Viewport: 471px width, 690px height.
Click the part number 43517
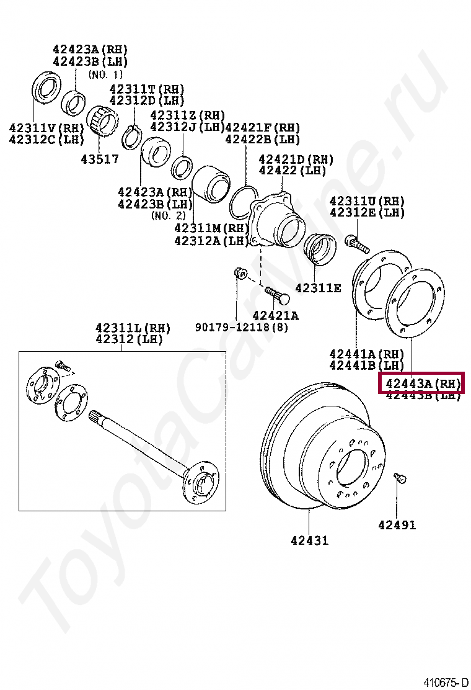pyautogui.click(x=99, y=159)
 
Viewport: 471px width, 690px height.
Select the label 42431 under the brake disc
pyautogui.click(x=309, y=540)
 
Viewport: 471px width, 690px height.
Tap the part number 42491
pyautogui.click(x=397, y=526)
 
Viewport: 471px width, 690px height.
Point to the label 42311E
pyautogui.click(x=318, y=288)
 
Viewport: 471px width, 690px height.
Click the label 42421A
pyautogui.click(x=275, y=316)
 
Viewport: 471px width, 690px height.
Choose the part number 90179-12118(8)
pyautogui.click(x=242, y=327)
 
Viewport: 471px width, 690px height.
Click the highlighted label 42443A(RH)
pyautogui.click(x=422, y=383)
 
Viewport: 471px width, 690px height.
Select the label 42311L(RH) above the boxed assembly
pyautogui.click(x=133, y=328)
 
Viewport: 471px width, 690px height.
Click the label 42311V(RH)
pyautogui.click(x=46, y=128)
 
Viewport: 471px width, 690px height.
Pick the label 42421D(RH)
pyautogui.click(x=296, y=159)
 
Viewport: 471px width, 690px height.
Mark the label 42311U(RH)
pyautogui.click(x=367, y=202)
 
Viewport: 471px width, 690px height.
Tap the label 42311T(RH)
pyautogui.click(x=147, y=89)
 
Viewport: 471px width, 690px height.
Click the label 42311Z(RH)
pyautogui.click(x=187, y=115)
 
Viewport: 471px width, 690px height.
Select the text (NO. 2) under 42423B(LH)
pyautogui.click(x=168, y=215)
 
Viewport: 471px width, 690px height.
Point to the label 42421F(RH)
pyautogui.click(x=262, y=128)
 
